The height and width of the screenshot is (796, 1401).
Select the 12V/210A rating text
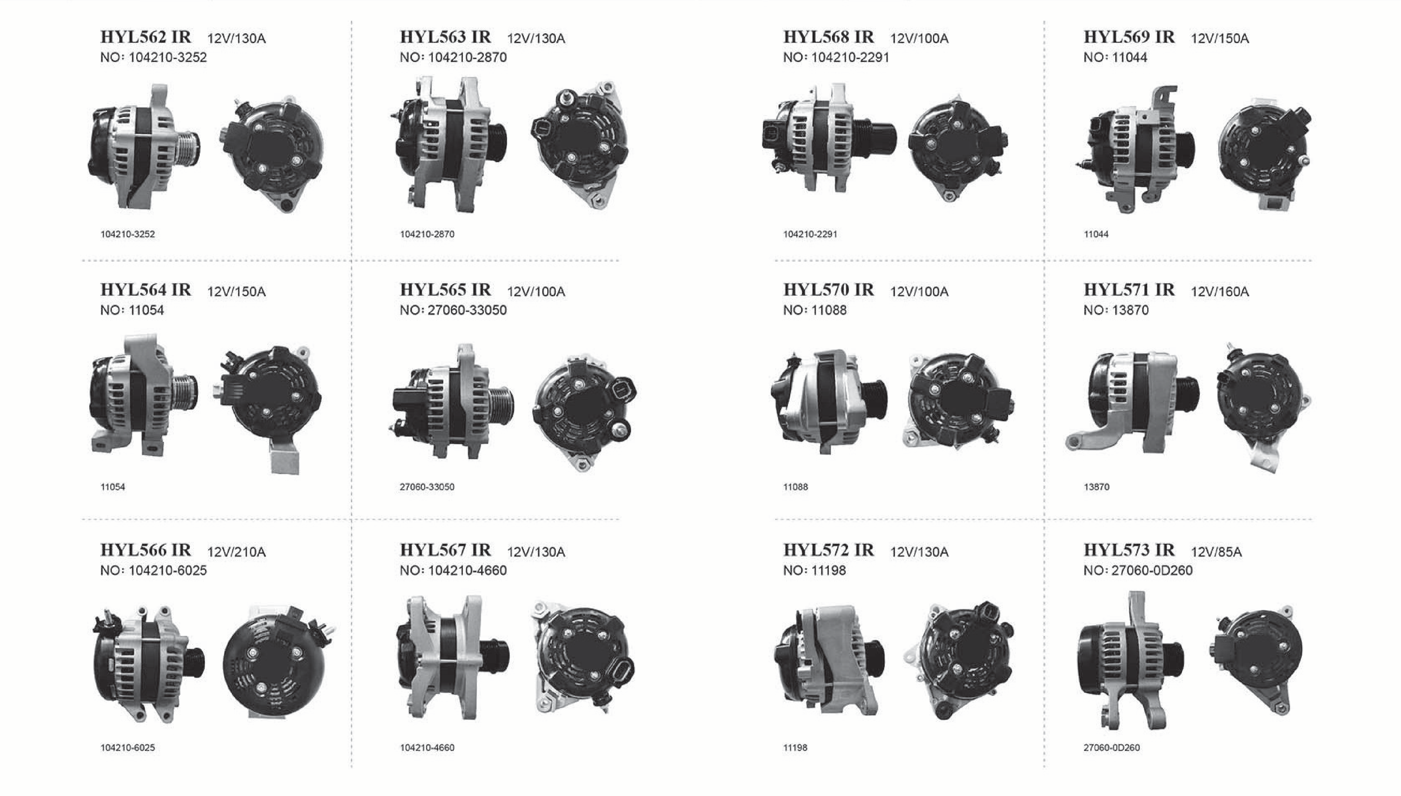click(236, 552)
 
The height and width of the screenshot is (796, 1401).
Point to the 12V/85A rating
click(1216, 552)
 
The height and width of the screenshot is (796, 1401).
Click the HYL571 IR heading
click(1129, 290)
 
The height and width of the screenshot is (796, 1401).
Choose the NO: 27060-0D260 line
click(1137, 570)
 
